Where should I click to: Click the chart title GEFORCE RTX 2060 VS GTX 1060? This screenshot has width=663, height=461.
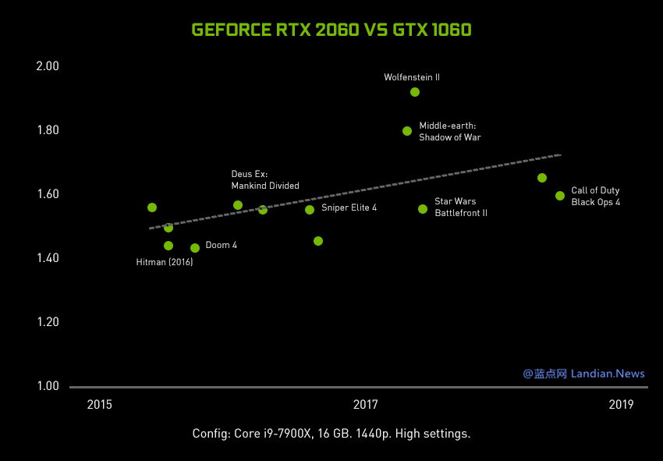click(331, 30)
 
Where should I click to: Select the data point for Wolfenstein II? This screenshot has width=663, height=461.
click(415, 92)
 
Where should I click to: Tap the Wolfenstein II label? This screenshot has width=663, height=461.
click(412, 77)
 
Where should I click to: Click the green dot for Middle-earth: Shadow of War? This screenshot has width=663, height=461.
click(407, 131)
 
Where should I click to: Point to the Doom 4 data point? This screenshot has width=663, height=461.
click(195, 248)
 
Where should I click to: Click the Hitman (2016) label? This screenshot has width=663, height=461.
click(165, 263)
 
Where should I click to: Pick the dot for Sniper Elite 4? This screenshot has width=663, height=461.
click(310, 209)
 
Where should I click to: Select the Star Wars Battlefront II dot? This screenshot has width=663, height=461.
click(423, 209)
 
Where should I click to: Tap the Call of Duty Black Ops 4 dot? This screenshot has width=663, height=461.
click(560, 196)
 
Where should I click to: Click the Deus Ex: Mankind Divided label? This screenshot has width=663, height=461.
click(265, 180)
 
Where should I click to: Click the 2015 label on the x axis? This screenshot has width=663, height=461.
click(100, 404)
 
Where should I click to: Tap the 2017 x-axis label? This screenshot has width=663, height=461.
click(365, 404)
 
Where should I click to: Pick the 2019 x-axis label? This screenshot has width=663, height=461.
click(621, 404)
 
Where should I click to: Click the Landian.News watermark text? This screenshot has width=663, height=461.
click(608, 374)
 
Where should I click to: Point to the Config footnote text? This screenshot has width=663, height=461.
click(331, 434)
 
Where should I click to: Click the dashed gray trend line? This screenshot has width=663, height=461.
click(355, 191)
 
